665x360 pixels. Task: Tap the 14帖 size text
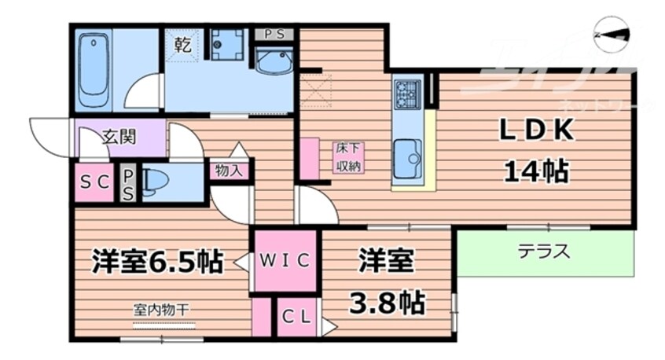pos(538,171)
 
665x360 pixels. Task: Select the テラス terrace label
pos(543,252)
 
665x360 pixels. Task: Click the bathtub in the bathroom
pos(94,71)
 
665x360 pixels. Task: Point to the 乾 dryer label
pos(182,45)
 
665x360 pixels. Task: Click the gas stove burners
pos(407,93)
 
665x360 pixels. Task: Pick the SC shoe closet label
pos(95,182)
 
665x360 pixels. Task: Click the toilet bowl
pos(155,182)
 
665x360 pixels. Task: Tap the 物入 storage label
pos(230,170)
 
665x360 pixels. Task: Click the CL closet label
pos(296,318)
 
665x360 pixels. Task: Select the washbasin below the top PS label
pos(274,59)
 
